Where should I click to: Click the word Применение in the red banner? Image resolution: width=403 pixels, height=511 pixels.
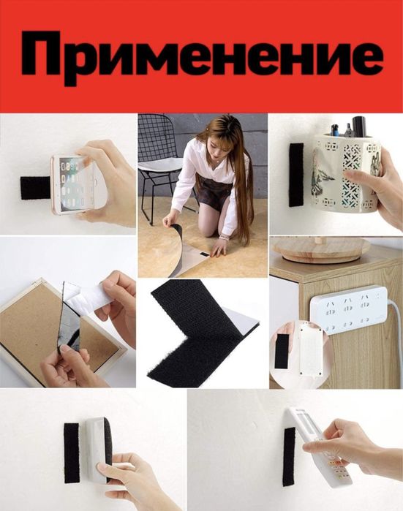pyautogui.click(x=201, y=56)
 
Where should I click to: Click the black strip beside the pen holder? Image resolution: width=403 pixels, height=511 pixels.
pyautogui.click(x=295, y=174)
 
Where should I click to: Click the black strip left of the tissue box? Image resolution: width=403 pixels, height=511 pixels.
pyautogui.click(x=72, y=452)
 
